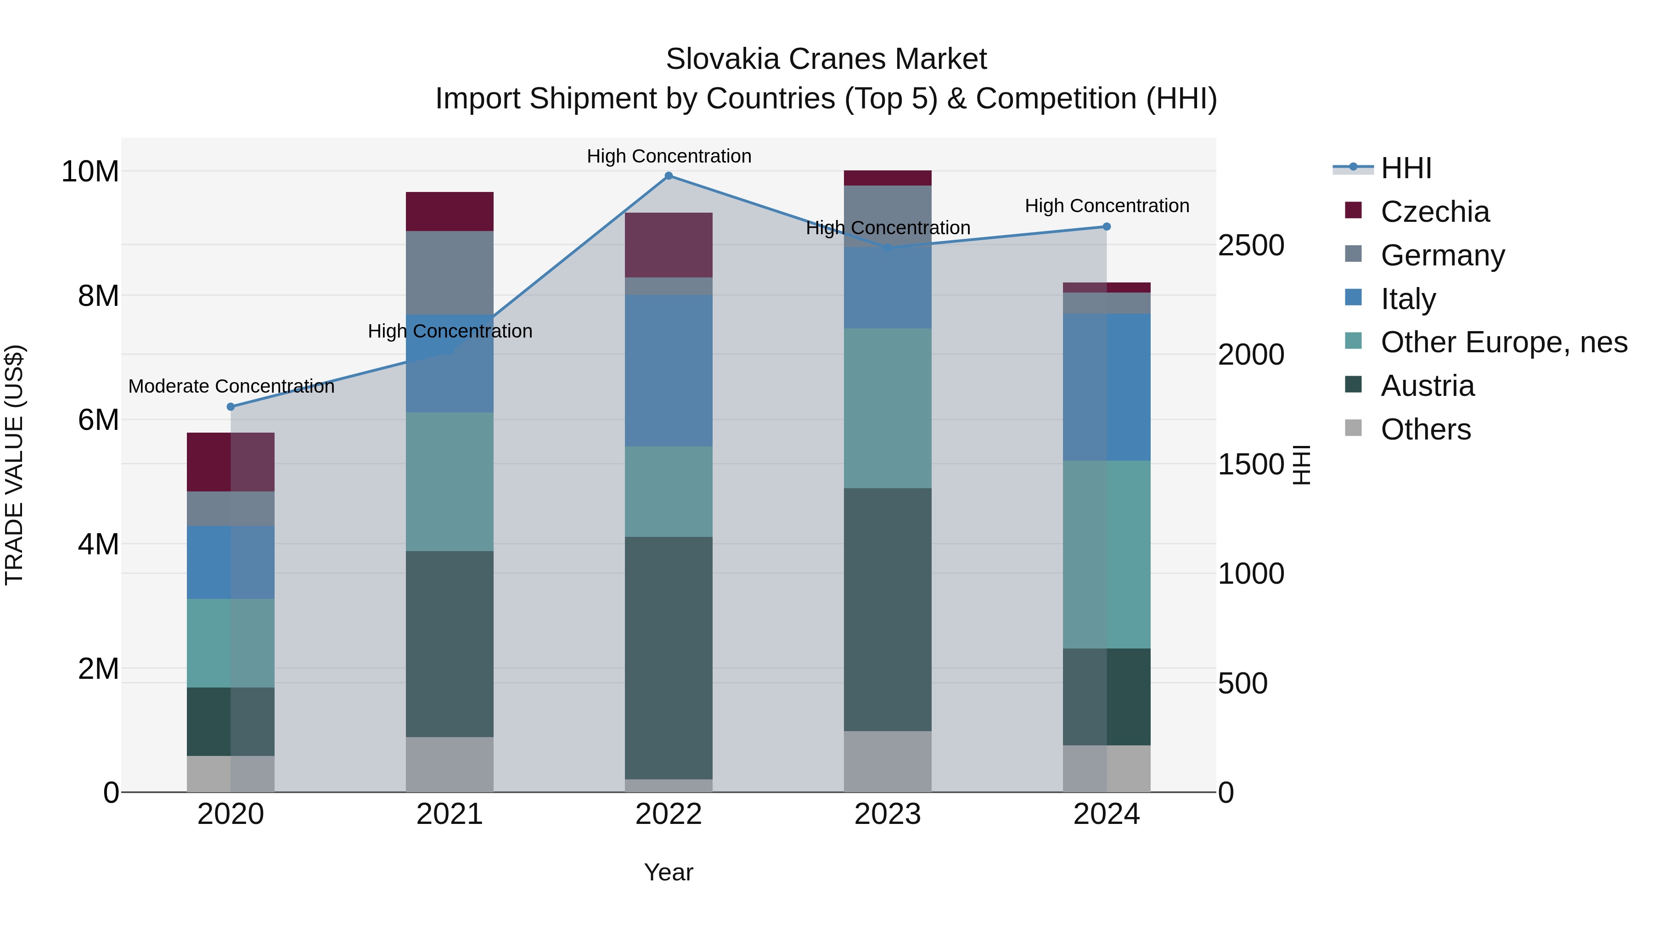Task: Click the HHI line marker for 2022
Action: point(669,176)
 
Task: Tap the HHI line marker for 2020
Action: point(231,407)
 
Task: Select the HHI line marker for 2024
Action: point(1106,226)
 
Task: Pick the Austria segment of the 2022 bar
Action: point(669,658)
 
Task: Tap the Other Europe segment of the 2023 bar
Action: point(888,408)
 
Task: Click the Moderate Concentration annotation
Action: point(231,386)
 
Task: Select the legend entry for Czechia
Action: point(1435,212)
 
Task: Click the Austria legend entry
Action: point(1427,386)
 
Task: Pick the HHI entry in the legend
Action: point(1406,168)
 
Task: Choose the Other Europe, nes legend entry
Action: point(1503,343)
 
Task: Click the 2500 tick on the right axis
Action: point(1251,245)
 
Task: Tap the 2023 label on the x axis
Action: point(888,814)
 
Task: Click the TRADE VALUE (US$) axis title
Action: point(14,465)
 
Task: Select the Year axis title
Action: point(669,872)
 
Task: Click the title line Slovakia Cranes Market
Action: point(826,59)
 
